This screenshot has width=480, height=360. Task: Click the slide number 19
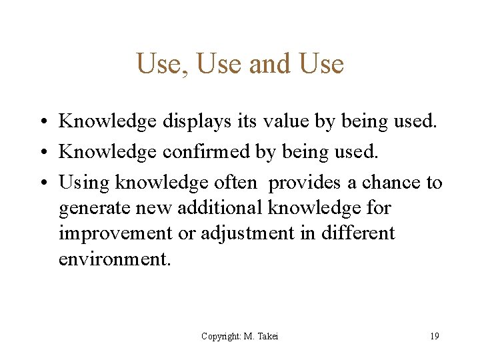(x=434, y=336)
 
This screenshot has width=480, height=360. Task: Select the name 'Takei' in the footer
(x=267, y=337)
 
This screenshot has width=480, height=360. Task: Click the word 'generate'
(x=94, y=208)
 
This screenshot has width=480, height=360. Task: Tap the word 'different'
(x=359, y=233)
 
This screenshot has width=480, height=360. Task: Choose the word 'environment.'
(x=115, y=259)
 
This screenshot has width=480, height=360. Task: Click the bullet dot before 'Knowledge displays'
(x=42, y=122)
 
